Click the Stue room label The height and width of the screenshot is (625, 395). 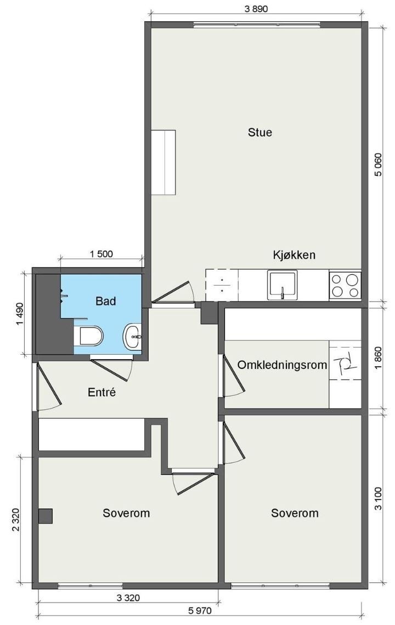tap(260, 132)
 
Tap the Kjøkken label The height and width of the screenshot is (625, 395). tap(294, 255)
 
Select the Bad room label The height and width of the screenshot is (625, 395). tap(106, 300)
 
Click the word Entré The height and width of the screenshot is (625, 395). tap(101, 393)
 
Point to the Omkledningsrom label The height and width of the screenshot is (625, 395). tap(282, 365)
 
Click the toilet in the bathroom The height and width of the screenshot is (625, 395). tap(89, 336)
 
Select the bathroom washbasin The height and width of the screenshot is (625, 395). tap(132, 336)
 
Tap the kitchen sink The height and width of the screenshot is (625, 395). tap(282, 285)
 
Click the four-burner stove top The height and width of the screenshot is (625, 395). tap(345, 285)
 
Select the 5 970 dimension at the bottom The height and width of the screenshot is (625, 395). tap(200, 611)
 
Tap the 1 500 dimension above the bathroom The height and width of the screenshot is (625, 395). tap(101, 253)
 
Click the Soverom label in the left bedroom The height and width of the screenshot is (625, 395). tap(126, 513)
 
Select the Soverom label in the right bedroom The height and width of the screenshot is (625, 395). tap(295, 513)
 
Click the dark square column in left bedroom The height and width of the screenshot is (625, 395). tap(46, 516)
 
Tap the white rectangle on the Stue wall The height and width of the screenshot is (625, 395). tap(163, 162)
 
